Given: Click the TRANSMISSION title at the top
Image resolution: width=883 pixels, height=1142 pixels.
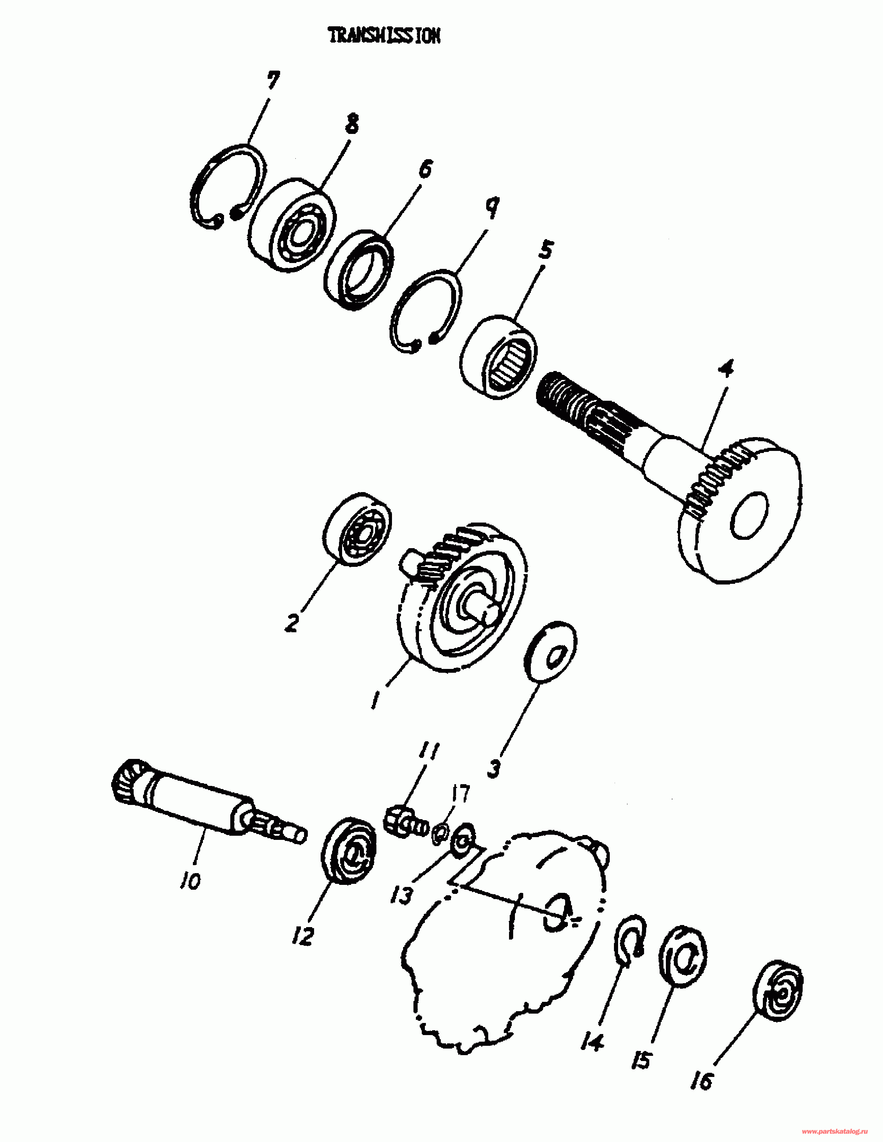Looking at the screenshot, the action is [x=384, y=36].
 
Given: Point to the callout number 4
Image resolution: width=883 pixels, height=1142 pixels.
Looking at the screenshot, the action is [x=725, y=368].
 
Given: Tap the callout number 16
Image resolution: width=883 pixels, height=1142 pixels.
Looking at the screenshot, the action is [x=702, y=1081].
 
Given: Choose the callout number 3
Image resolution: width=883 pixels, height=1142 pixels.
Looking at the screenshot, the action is [x=494, y=769].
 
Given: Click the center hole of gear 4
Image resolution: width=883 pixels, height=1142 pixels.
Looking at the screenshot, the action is [x=750, y=515].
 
